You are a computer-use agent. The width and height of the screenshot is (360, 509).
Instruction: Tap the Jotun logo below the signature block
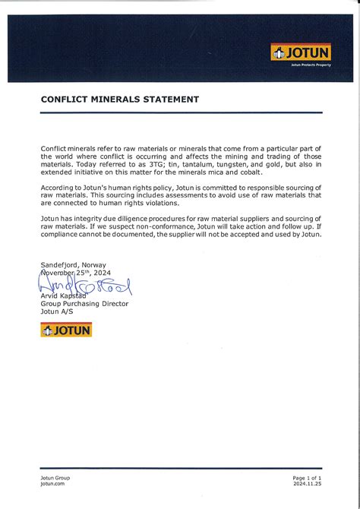66,329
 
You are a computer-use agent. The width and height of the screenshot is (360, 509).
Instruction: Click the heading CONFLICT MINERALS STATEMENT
120,100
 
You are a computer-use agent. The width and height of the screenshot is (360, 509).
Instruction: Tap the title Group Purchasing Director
84,304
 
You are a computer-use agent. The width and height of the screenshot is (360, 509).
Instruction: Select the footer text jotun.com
52,483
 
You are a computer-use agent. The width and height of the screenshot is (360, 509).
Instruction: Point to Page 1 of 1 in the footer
307,477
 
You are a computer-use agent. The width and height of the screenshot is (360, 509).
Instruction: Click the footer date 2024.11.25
307,483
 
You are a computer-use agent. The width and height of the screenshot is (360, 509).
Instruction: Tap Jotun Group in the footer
55,477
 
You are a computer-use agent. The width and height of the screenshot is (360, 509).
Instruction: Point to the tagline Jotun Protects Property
311,65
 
